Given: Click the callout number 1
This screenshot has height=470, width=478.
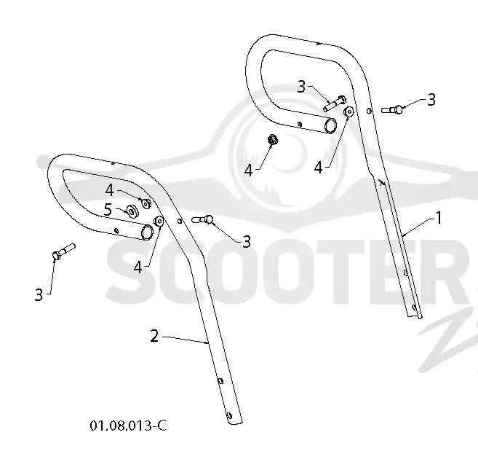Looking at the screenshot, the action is tap(439, 218).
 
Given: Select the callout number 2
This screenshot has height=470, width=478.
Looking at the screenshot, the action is tap(154, 336).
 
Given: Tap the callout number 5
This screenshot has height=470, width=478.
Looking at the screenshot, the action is tap(108, 210).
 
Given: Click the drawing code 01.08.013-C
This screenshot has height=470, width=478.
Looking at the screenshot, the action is tap(128, 426).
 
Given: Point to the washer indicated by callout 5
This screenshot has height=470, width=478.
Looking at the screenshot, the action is tap(132, 211).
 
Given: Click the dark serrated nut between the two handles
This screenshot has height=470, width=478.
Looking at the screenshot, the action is tap(272, 140).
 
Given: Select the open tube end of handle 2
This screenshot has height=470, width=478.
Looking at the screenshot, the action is tap(148, 232).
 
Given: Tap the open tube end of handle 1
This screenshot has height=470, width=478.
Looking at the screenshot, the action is tap(330, 126).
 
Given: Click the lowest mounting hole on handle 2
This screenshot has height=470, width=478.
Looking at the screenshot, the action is tap(229, 415).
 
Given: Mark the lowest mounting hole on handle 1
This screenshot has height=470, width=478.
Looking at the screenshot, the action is tap(414, 307).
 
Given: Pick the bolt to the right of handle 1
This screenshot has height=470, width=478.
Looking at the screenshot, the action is tap(392, 109).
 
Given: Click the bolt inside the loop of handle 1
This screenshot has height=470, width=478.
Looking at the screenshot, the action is tap(335, 103).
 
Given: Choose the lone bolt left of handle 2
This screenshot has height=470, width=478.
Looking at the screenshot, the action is tap(63, 251).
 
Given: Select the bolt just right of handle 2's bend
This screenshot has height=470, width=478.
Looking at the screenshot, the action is tap(202, 219).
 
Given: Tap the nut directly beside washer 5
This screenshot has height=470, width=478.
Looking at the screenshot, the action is tap(146, 203).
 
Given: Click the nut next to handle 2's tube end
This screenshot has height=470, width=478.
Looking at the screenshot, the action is tap(159, 221).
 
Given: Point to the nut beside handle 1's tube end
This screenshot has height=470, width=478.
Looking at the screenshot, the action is tap(348, 111).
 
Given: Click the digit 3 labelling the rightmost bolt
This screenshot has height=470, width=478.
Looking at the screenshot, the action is tap(431, 100).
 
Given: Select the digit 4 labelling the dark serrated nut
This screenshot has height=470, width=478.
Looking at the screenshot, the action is tap(249, 171).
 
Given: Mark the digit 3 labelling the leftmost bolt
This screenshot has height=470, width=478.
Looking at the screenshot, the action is tap(39, 295).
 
